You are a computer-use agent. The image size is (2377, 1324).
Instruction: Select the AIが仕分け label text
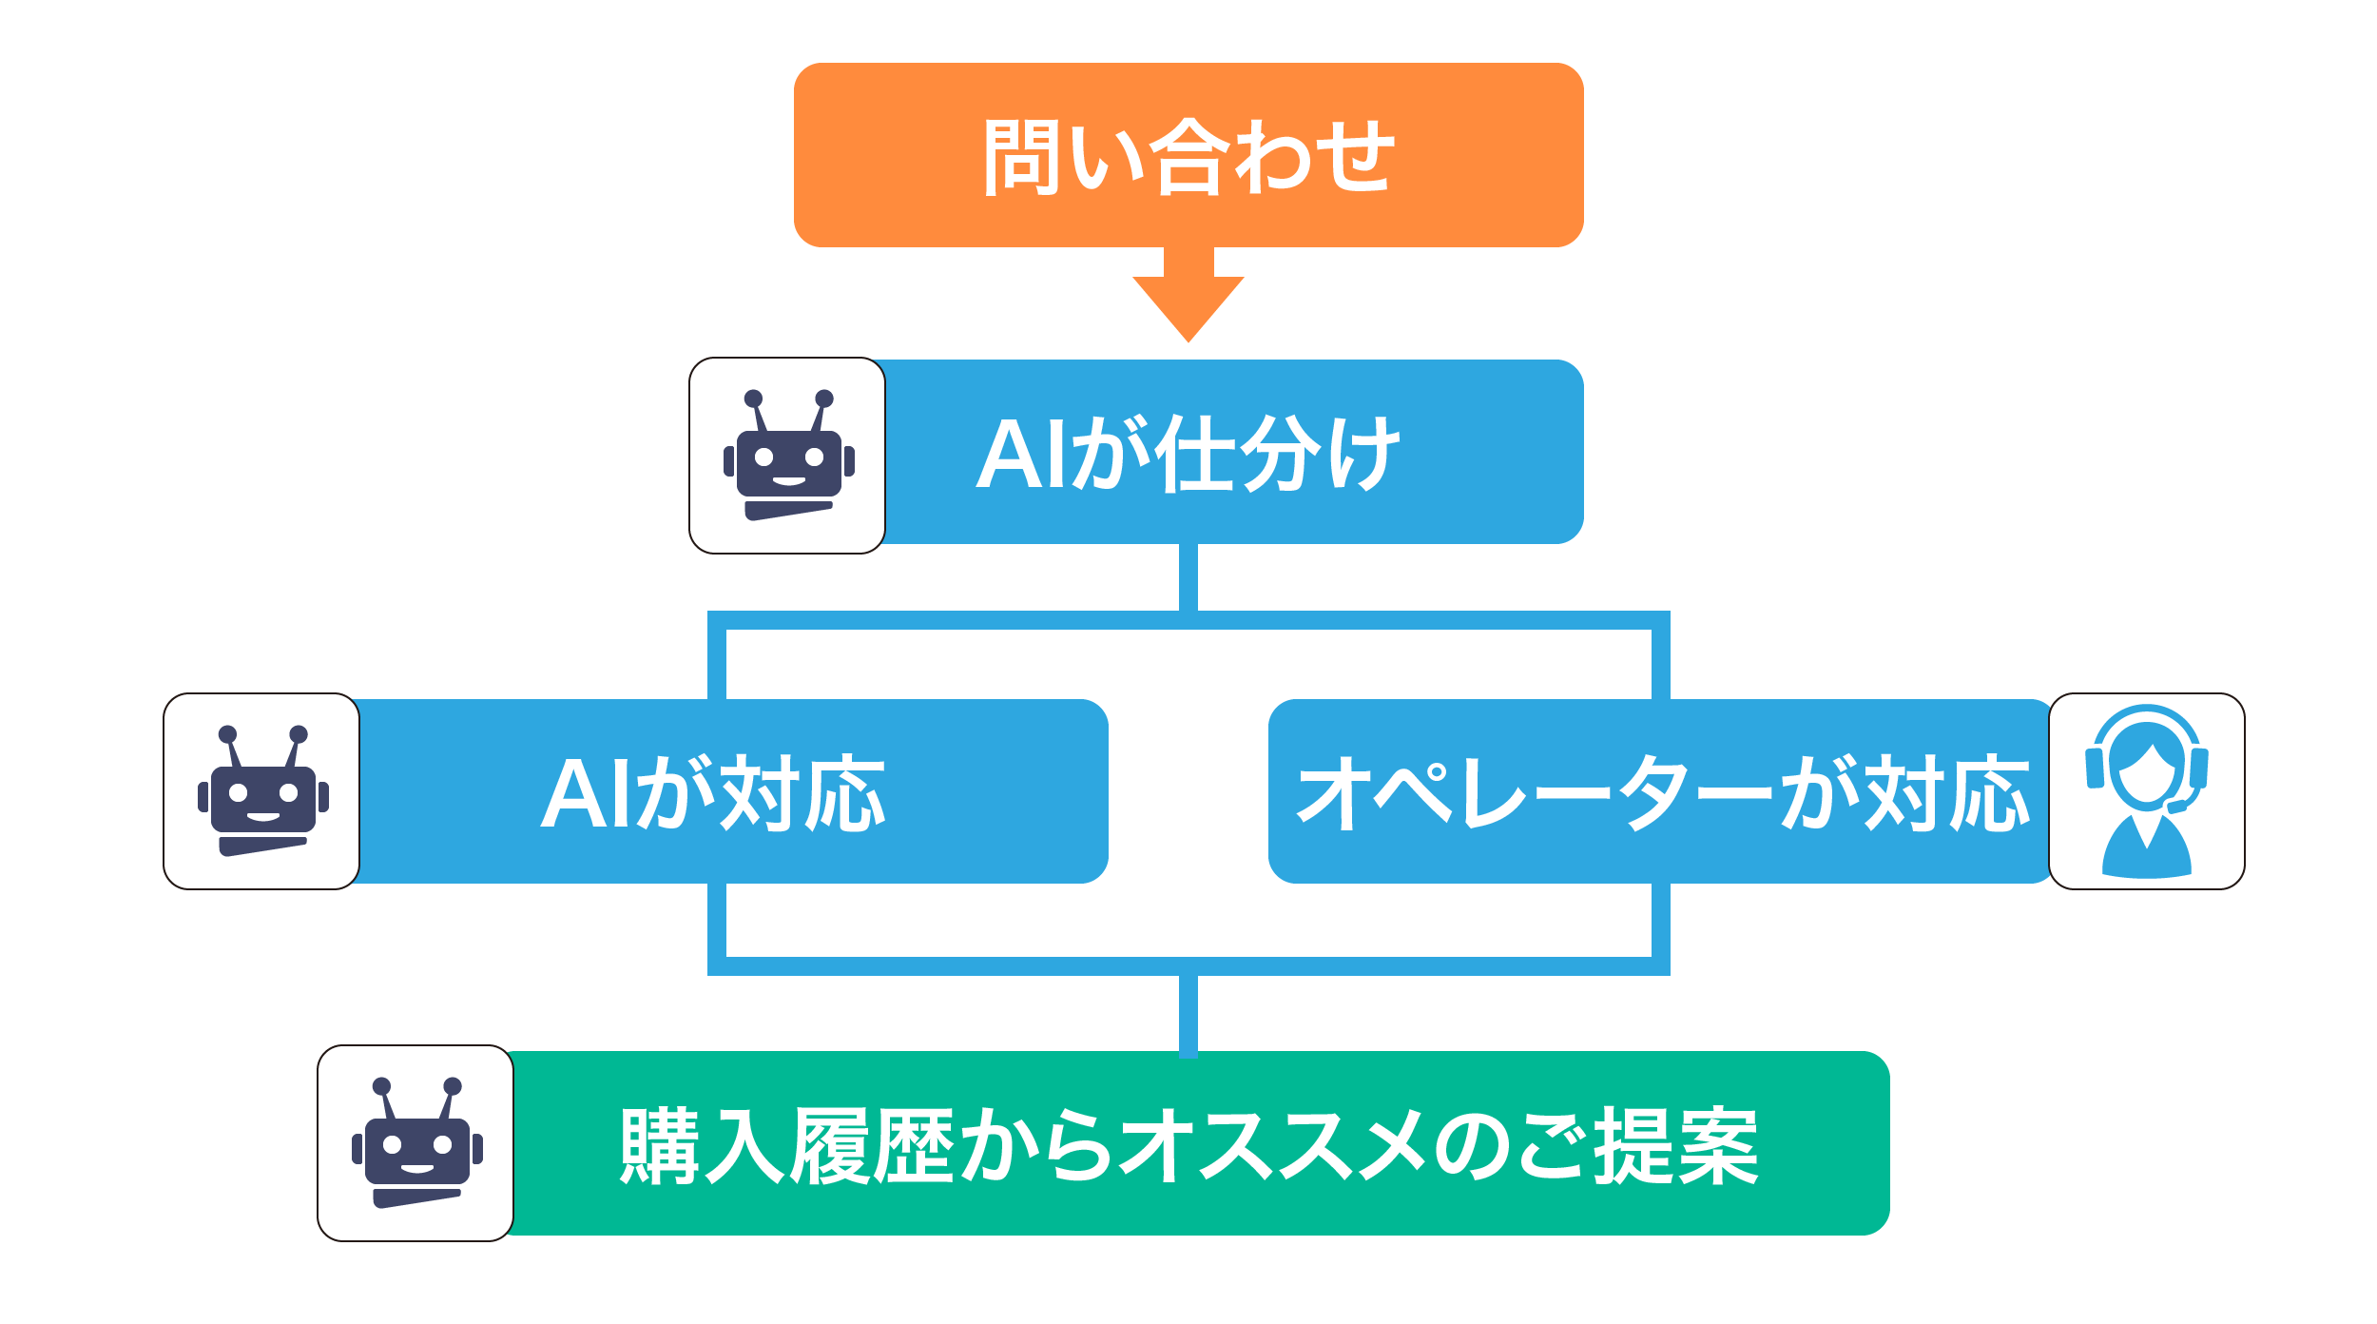tap(1188, 454)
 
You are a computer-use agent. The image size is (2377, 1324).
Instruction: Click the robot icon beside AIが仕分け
tap(787, 456)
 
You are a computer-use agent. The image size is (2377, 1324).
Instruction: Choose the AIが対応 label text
tap(713, 792)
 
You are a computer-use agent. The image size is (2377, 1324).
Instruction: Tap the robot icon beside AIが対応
tap(261, 791)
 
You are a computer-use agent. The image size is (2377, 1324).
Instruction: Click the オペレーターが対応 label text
tap(1664, 792)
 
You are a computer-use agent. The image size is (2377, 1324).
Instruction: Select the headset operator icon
tap(2147, 791)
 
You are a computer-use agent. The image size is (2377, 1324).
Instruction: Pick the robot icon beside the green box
tap(415, 1143)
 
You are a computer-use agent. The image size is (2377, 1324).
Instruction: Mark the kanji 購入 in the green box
tap(702, 1145)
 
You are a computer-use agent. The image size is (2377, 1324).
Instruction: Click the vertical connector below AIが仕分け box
tap(1188, 577)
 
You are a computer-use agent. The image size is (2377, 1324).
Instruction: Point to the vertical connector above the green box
tap(1188, 1014)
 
